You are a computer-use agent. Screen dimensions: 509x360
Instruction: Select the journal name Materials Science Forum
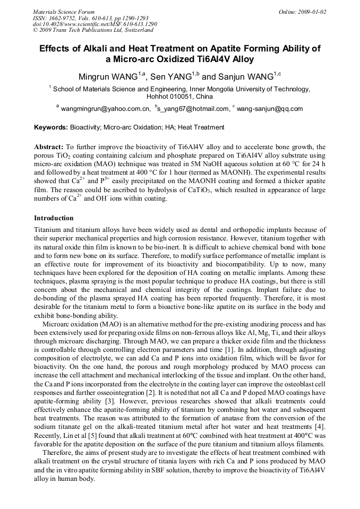tap(64, 12)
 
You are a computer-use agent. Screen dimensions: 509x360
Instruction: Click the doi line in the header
tap(95, 24)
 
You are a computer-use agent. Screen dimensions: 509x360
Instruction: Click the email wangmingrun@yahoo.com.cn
tap(106, 109)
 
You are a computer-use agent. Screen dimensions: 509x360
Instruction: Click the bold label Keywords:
tap(51, 127)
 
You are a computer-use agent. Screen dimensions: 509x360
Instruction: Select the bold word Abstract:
tap(48, 146)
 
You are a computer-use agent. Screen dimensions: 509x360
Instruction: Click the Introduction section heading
tap(54, 218)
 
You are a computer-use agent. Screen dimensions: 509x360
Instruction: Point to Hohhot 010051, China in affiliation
tap(179, 97)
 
